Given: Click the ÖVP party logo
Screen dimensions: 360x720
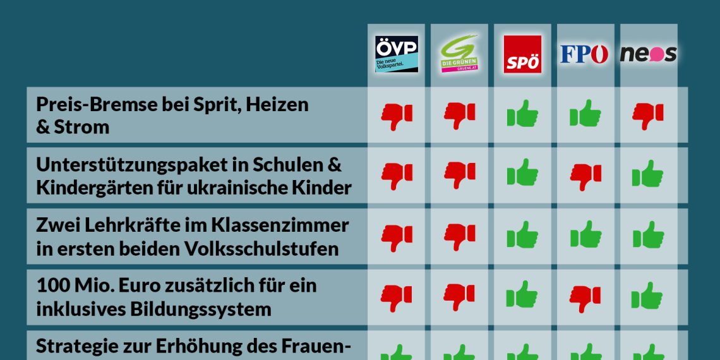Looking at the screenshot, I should [x=397, y=54].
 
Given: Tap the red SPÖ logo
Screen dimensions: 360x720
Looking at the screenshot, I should [x=522, y=54].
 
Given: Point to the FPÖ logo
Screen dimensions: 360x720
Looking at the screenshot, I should [x=584, y=54].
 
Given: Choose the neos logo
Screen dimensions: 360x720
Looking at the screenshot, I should [x=648, y=54].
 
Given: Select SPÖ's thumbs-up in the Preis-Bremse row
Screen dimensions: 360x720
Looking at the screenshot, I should [x=522, y=114].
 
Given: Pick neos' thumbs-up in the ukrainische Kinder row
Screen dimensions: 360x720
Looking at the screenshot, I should [x=648, y=174].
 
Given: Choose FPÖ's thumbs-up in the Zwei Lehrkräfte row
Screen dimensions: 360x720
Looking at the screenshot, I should [x=585, y=235].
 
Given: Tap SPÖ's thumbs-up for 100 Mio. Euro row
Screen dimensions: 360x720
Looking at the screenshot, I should [x=522, y=296].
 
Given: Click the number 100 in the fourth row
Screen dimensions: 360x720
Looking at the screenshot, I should [x=51, y=285].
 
